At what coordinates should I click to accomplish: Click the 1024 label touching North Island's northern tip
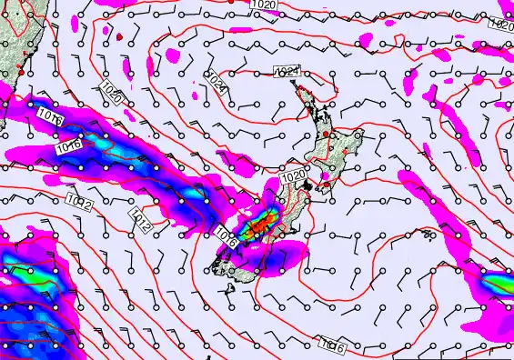pos(286,71)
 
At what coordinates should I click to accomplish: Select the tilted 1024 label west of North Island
pos(216,85)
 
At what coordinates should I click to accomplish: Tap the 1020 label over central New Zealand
pos(293,176)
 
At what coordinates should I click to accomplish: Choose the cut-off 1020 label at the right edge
pos(502,25)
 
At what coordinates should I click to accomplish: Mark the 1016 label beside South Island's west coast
pos(227,240)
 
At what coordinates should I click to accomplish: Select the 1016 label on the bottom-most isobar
pos(333,345)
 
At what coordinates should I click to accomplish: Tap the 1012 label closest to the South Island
pos(140,216)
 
